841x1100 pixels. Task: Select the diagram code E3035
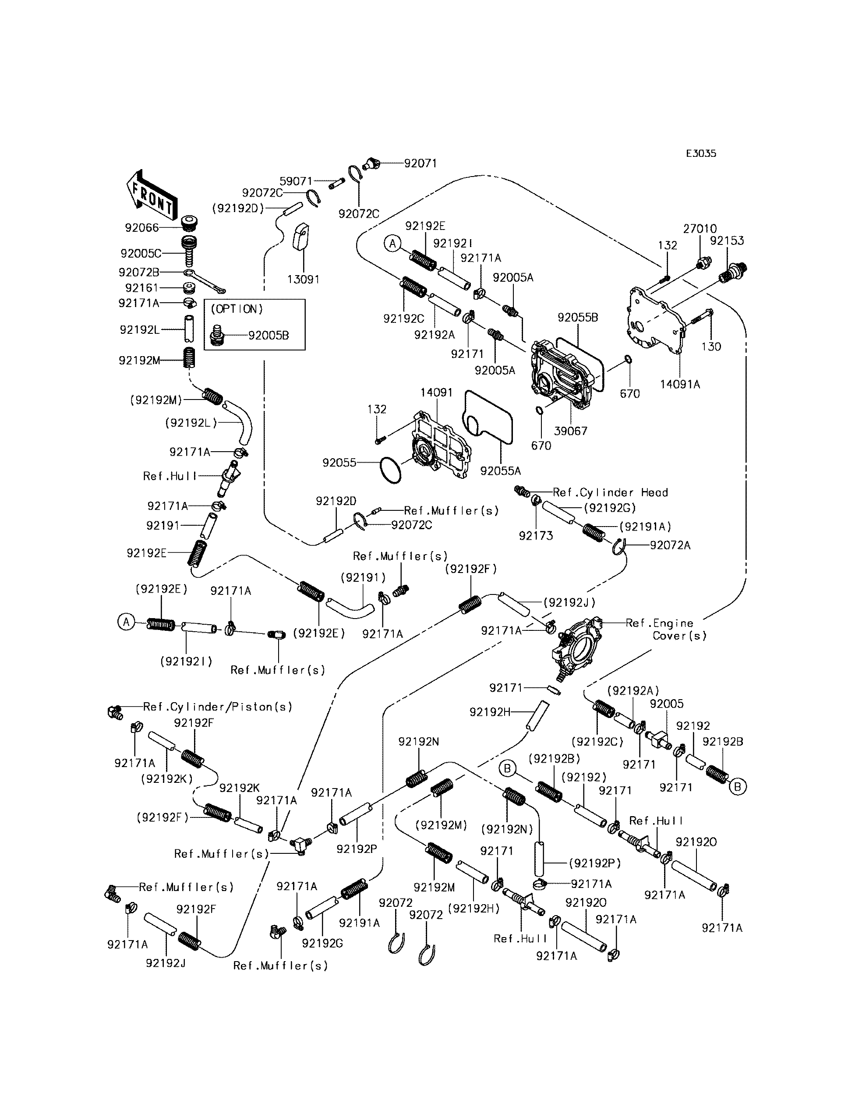[700, 154]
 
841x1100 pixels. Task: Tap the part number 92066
[141, 228]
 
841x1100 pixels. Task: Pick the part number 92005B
[269, 336]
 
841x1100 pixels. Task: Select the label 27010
[700, 229]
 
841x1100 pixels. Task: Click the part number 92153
[727, 241]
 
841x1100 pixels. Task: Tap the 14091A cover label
[680, 384]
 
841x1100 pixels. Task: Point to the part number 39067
[571, 431]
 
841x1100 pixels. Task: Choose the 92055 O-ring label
[339, 463]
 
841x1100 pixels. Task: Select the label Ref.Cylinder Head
[610, 493]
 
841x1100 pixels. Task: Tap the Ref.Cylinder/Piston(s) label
[217, 707]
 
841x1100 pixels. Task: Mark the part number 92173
[536, 536]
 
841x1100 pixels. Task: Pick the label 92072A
[670, 545]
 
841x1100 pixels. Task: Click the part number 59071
[296, 181]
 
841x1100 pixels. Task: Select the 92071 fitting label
[420, 163]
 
